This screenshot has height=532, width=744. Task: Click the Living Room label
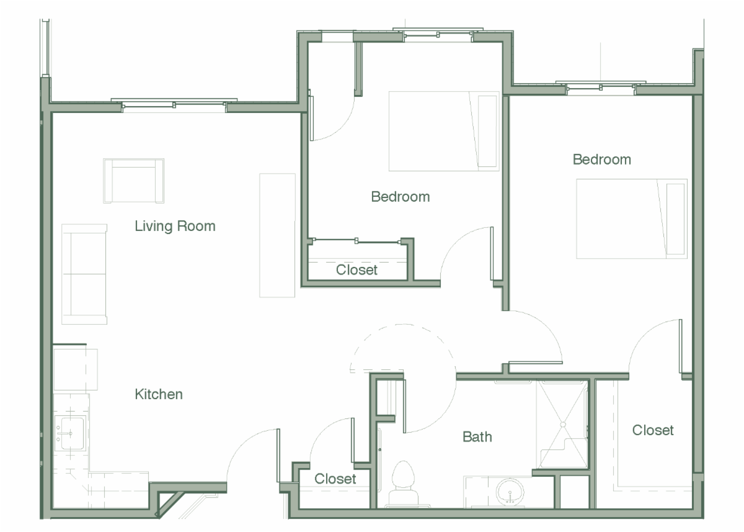click(x=175, y=226)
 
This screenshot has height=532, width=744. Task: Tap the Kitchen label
click(x=159, y=394)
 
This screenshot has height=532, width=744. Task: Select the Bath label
click(x=477, y=437)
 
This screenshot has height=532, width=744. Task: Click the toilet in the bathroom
click(x=403, y=484)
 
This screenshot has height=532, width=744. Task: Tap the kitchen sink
click(x=71, y=433)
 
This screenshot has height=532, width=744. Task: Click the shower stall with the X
click(x=563, y=425)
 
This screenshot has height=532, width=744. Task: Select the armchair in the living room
click(x=133, y=181)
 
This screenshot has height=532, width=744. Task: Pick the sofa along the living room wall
click(x=84, y=274)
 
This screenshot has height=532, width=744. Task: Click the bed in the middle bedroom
click(x=444, y=131)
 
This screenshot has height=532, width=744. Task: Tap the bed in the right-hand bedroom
click(x=632, y=219)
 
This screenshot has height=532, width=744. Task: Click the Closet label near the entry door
click(x=335, y=479)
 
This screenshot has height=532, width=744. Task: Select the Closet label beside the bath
click(x=653, y=430)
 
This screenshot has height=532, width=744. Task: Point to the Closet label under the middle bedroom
click(x=356, y=270)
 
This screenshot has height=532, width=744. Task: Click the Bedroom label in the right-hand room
click(x=602, y=160)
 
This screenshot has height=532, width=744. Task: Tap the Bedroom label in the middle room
click(x=401, y=197)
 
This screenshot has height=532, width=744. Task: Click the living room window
click(x=174, y=105)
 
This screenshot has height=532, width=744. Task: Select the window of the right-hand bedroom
click(x=601, y=88)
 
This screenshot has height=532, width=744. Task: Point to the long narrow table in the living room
click(x=277, y=235)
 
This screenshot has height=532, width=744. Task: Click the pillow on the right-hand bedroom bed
click(x=675, y=219)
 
